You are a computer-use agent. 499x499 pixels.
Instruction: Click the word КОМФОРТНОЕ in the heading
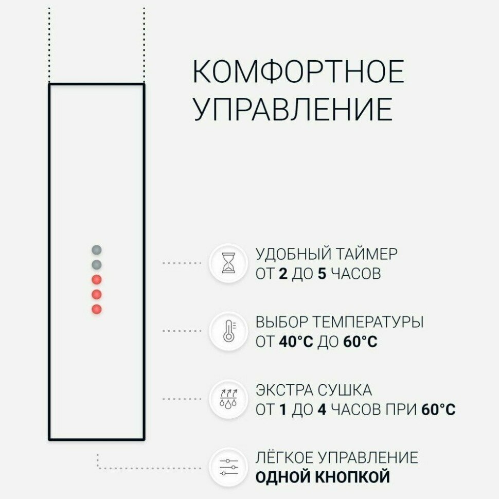[x=298, y=72]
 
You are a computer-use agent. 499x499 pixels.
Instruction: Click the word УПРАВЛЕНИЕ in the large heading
[x=293, y=109]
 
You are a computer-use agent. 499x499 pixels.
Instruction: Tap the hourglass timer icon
[x=228, y=263]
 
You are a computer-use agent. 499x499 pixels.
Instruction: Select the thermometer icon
[x=228, y=331]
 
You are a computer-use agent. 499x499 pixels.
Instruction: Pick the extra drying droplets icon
[x=228, y=399]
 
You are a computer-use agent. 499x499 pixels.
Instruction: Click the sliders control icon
[x=228, y=467]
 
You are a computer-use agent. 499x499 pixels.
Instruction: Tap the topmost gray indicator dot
[x=96, y=250]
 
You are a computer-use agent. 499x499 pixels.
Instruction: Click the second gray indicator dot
[x=96, y=265]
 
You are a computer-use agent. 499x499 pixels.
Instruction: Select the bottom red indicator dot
[x=96, y=309]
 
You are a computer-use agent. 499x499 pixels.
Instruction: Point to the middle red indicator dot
[x=96, y=294]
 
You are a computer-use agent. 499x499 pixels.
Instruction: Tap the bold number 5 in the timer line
[x=322, y=274]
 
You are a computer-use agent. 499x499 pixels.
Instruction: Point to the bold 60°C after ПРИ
[x=438, y=409]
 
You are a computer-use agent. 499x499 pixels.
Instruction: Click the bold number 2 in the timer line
[x=282, y=274]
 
